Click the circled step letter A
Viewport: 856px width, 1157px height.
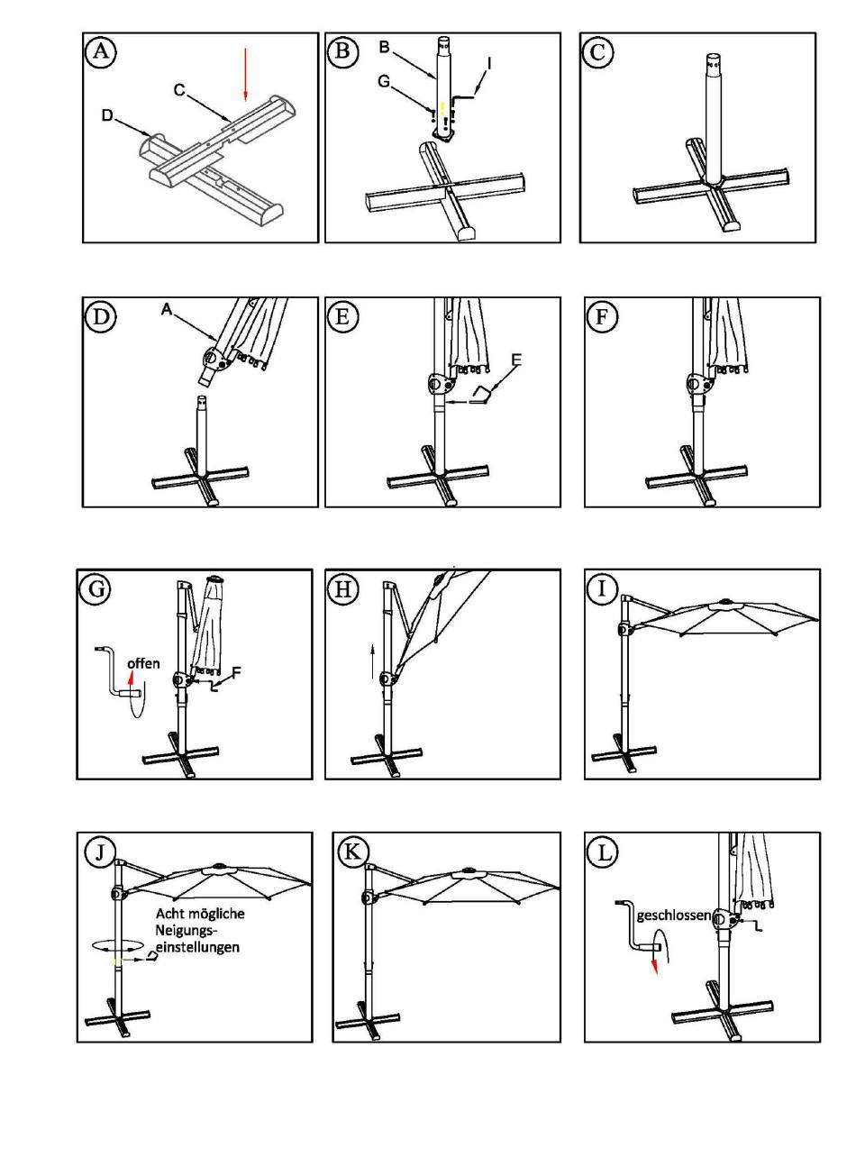(101, 51)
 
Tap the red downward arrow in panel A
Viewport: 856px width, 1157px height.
(244, 75)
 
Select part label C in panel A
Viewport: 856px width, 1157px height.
(179, 90)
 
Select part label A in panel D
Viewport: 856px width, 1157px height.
(167, 308)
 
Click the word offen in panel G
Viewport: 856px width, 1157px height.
(143, 663)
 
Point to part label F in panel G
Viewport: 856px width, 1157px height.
(237, 671)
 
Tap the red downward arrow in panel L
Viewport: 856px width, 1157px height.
(655, 966)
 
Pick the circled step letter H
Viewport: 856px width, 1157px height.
(343, 589)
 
